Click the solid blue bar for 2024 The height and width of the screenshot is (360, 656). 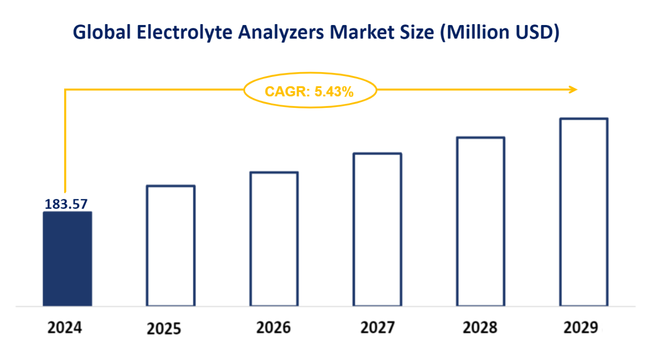pyautogui.click(x=67, y=259)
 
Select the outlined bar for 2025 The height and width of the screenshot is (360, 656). pyautogui.click(x=171, y=245)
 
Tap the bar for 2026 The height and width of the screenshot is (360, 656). pyautogui.click(x=274, y=239)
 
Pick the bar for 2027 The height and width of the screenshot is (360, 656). pyautogui.click(x=377, y=230)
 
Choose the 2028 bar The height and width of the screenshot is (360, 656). pyautogui.click(x=480, y=221)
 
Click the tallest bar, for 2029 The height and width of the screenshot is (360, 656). pyautogui.click(x=584, y=212)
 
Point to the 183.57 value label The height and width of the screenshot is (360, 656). pyautogui.click(x=66, y=204)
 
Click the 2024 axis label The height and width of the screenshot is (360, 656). pyautogui.click(x=65, y=328)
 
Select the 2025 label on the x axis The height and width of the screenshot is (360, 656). pyautogui.click(x=164, y=329)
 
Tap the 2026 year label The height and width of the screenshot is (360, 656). pyautogui.click(x=274, y=328)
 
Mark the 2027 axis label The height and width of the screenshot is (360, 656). pyautogui.click(x=377, y=328)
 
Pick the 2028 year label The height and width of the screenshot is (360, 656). pyautogui.click(x=480, y=328)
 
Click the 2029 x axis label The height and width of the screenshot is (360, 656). pyautogui.click(x=581, y=328)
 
